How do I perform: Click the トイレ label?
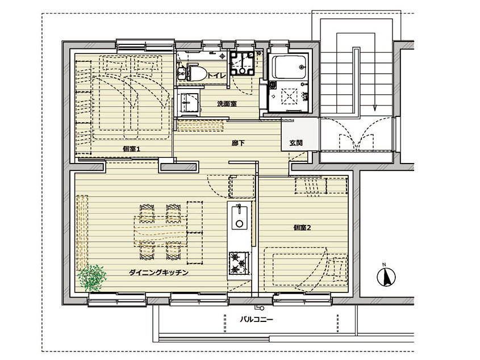pos(216,76)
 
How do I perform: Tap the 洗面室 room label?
pos(227,104)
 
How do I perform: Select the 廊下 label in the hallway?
pos(238,143)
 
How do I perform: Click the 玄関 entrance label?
pos(296,143)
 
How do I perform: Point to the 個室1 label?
pos(131,149)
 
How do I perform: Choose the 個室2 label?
pos(302,228)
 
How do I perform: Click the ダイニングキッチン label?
pos(158,273)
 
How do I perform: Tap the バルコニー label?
pos(256,320)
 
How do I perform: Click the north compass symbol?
pos(386,277)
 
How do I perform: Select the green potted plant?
pos(92,278)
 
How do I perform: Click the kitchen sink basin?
pos(239,218)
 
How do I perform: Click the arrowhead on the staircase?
pos(374,108)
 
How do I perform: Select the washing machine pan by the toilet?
pos(242,64)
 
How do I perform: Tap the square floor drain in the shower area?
pos(290,95)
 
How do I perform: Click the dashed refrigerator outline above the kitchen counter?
pos(242,186)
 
